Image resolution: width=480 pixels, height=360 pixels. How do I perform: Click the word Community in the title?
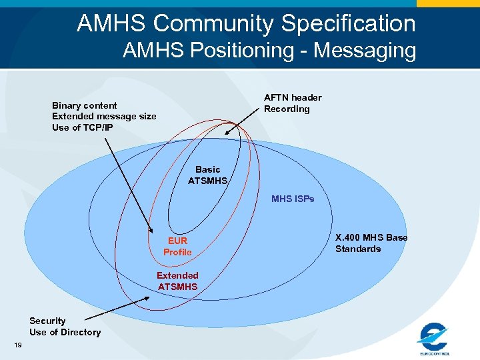214,24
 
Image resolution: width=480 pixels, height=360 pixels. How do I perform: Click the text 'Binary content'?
85,105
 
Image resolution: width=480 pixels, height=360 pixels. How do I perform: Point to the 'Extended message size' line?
104,116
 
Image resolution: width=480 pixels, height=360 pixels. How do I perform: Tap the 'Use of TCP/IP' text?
83,127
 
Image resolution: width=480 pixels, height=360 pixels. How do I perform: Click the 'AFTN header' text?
293,97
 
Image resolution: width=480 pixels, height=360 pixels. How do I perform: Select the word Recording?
287,109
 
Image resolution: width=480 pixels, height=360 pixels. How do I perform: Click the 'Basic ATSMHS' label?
208,175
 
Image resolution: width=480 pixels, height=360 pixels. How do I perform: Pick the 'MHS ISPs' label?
293,199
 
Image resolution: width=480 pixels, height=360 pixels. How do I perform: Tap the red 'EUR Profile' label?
177,246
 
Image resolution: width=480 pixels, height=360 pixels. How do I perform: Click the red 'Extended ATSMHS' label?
177,281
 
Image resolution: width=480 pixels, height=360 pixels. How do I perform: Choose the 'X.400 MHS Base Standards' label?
371,243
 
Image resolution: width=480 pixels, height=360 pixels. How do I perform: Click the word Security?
47,321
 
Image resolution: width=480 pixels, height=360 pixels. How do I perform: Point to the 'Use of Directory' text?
65,332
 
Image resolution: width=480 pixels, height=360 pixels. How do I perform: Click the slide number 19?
17,345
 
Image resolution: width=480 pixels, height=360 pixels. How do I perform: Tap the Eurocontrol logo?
434,338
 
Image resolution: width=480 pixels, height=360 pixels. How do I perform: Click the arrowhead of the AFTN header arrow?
227,133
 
